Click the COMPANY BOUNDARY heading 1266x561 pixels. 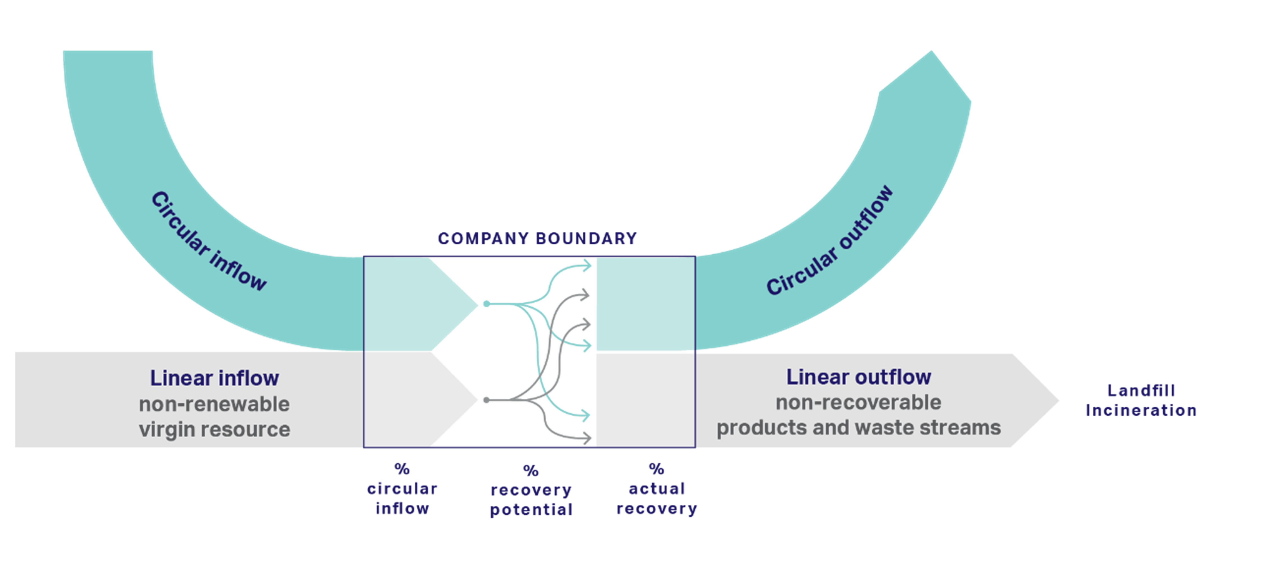pyautogui.click(x=537, y=239)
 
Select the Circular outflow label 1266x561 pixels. pyautogui.click(x=830, y=241)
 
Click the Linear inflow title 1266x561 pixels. pyautogui.click(x=214, y=378)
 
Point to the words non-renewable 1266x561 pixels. pyautogui.click(x=214, y=404)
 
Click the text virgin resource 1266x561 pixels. pyautogui.click(x=214, y=429)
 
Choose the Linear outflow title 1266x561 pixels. pyautogui.click(x=859, y=377)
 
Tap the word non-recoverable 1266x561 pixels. pyautogui.click(x=859, y=403)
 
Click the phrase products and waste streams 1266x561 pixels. pyautogui.click(x=859, y=428)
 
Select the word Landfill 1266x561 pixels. pyautogui.click(x=1141, y=391)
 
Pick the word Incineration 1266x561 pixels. pyautogui.click(x=1141, y=410)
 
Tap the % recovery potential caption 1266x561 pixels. pyautogui.click(x=531, y=490)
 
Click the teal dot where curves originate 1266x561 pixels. pyautogui.click(x=486, y=304)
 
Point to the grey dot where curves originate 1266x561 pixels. pyautogui.click(x=486, y=400)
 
